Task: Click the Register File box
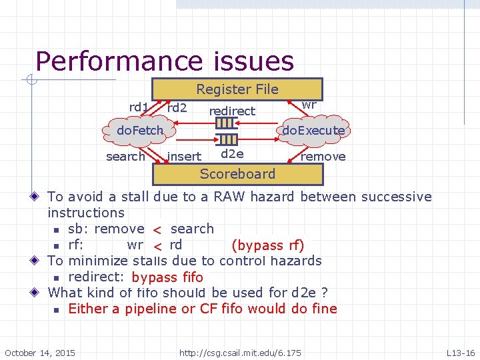click(x=237, y=89)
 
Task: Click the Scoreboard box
click(x=237, y=174)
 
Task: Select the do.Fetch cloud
click(x=140, y=130)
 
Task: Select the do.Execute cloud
click(x=313, y=131)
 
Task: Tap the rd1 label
click(x=139, y=107)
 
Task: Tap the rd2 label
click(x=177, y=107)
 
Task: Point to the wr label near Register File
click(x=309, y=105)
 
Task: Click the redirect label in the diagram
click(x=232, y=111)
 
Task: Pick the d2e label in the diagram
click(x=232, y=154)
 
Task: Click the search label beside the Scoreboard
click(x=125, y=157)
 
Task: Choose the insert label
click(x=185, y=157)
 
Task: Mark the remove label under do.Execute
click(x=323, y=157)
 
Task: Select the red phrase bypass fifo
click(x=167, y=277)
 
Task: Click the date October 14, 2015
click(x=40, y=352)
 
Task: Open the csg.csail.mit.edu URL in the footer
click(x=240, y=352)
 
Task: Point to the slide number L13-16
click(x=460, y=352)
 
